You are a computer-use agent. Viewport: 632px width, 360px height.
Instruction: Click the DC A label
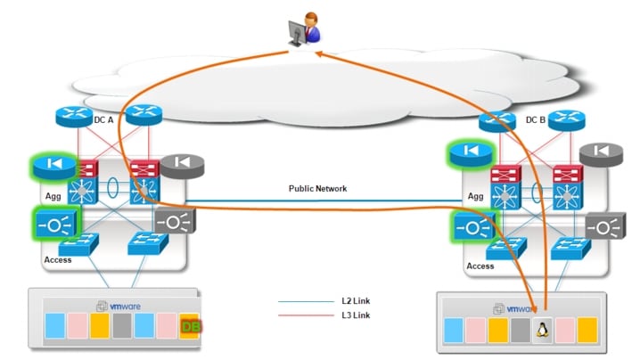click(x=105, y=119)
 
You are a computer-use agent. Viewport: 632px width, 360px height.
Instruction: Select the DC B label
click(x=535, y=119)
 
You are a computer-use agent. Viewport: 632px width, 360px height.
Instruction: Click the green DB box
click(x=190, y=329)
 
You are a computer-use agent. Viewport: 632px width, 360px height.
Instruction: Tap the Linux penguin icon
click(x=540, y=331)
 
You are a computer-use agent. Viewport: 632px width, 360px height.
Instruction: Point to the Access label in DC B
click(x=480, y=266)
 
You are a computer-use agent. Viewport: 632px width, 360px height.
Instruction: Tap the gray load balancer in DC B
click(x=604, y=228)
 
